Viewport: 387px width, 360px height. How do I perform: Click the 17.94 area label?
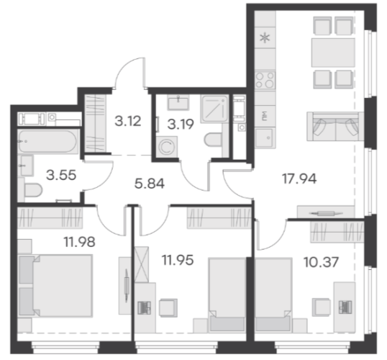299,179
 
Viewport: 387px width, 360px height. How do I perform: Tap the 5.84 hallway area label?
150,184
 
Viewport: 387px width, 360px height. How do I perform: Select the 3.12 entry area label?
128,121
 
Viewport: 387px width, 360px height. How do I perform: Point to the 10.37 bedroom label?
321,262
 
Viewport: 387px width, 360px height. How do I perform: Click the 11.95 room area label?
178,260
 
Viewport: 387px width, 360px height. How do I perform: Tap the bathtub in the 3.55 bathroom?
47,141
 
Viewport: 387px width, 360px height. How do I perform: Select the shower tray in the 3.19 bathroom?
214,109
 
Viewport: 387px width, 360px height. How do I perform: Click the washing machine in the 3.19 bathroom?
167,147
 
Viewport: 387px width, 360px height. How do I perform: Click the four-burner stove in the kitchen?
265,81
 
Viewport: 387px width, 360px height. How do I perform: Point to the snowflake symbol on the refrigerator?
265,38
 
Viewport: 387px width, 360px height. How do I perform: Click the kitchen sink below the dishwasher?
265,138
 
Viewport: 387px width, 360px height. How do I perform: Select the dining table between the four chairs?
333,53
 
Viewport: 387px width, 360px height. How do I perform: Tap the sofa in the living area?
335,127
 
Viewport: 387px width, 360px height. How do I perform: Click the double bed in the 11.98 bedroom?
55,286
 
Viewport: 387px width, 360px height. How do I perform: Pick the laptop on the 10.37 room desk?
345,307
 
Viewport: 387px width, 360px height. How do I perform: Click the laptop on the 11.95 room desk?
144,307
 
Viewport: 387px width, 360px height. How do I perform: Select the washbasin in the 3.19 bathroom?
178,102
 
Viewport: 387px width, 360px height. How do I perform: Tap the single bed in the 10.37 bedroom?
273,294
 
